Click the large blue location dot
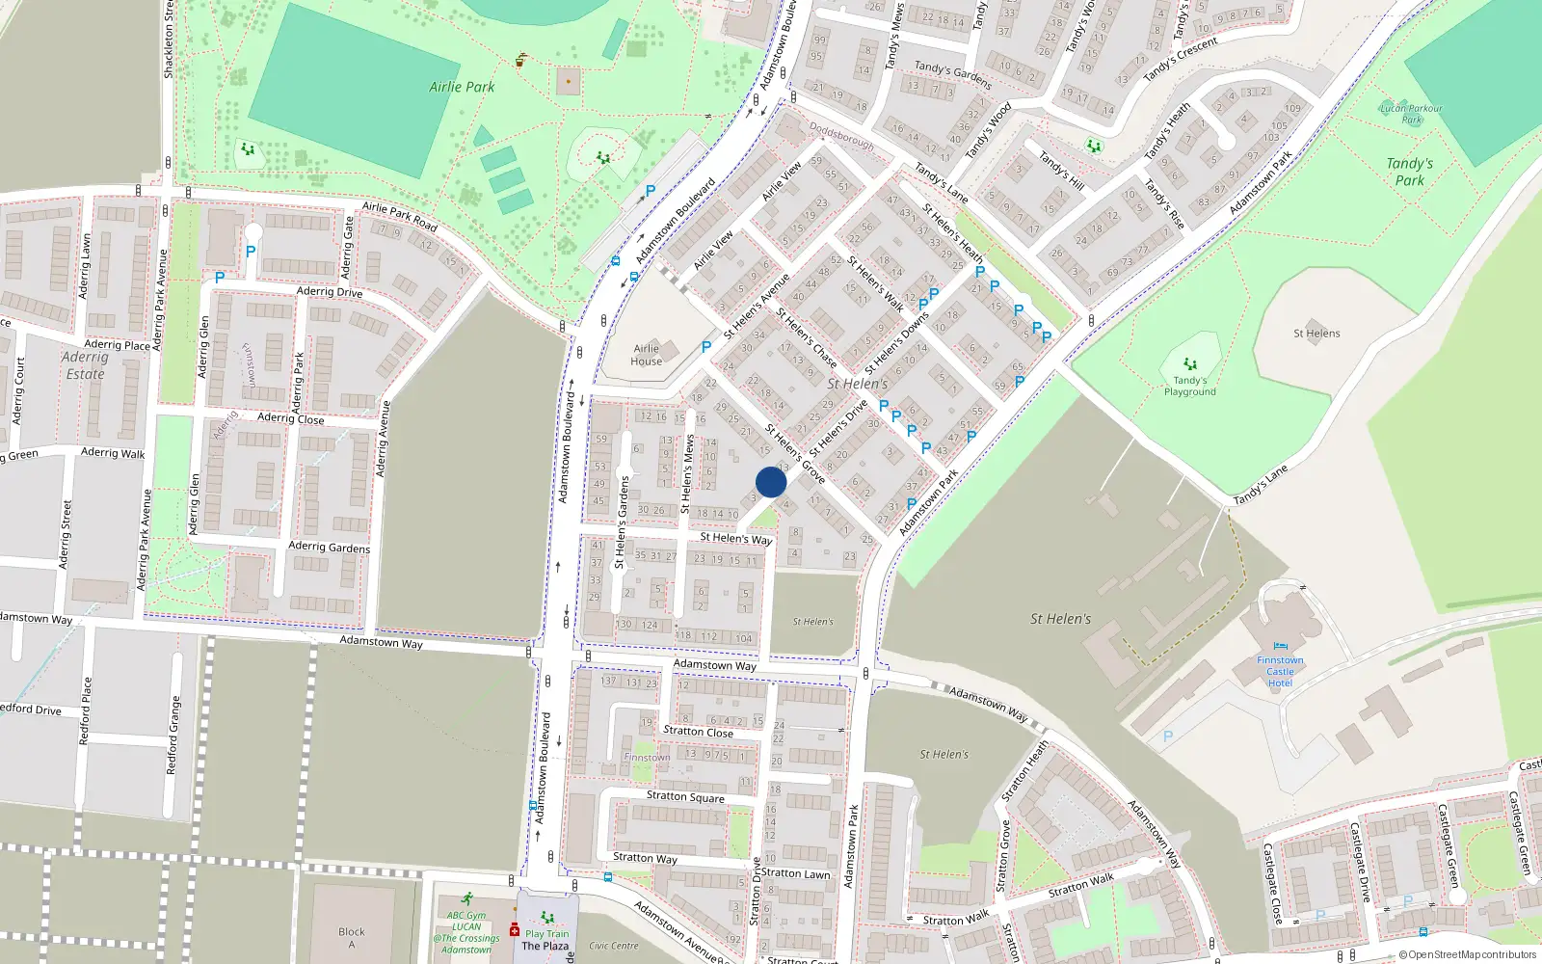tap(771, 482)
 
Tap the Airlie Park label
tap(462, 87)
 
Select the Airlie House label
tap(647, 355)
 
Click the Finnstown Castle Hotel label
tap(1280, 671)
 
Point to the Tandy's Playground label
tap(1189, 386)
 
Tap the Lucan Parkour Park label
tap(1411, 114)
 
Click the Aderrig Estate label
tap(85, 365)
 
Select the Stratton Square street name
tap(685, 796)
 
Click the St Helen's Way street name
tap(736, 538)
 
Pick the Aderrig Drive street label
tap(330, 291)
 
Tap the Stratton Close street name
tap(698, 732)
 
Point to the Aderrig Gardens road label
tap(329, 547)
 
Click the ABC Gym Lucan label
tap(466, 932)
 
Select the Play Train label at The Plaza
tap(546, 933)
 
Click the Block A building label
tap(352, 937)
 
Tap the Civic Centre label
tap(614, 946)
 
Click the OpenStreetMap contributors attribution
tap(1467, 954)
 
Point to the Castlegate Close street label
tap(1272, 883)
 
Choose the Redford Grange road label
tap(173, 735)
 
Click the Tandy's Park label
tap(1410, 172)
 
